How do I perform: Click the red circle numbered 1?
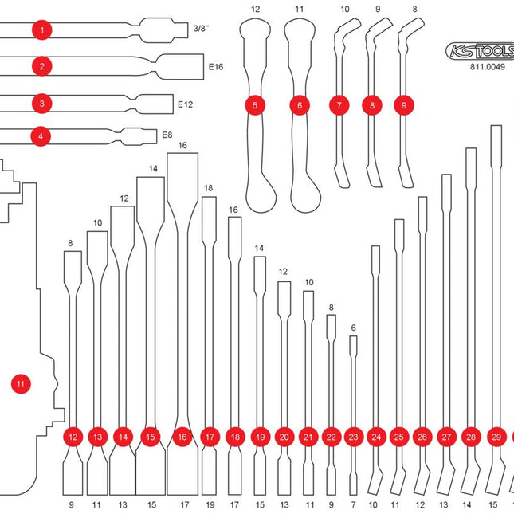tap(41, 30)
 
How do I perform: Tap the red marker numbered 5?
tap(254, 104)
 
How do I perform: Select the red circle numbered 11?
tap(22, 384)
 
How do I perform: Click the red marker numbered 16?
tap(182, 437)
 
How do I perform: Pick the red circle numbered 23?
tap(354, 437)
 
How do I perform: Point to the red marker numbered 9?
tap(404, 104)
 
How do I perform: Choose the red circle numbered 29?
tap(496, 437)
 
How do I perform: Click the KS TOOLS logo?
tap(478, 51)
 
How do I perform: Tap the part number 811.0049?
tap(478, 69)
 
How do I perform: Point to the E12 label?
tap(186, 104)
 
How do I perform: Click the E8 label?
tap(167, 135)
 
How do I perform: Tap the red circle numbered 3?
tap(41, 103)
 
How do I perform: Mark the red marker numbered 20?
tap(284, 437)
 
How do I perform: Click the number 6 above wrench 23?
tap(354, 328)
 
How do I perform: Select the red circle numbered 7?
tap(339, 104)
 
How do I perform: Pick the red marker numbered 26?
tap(422, 437)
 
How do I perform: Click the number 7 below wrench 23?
tap(354, 504)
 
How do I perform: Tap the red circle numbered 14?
tap(123, 437)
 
